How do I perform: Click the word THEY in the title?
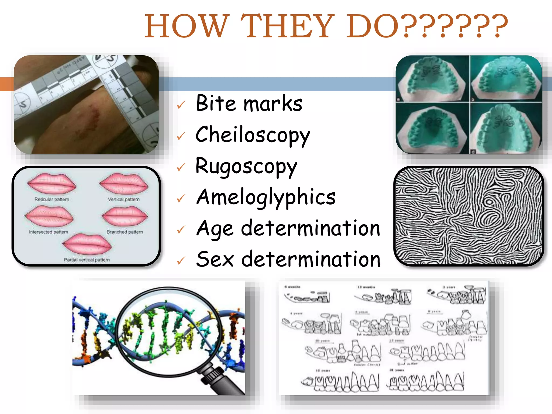pos(287,26)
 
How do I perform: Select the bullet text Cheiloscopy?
pos(253,135)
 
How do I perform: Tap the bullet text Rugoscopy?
pos(246,166)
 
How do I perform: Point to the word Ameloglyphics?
pos(266,197)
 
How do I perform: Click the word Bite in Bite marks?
pos(216,103)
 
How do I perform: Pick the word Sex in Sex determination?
pos(215,259)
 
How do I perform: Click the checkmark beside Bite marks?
pos(181,105)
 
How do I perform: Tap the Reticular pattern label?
pos(52,199)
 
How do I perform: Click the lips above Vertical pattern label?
pos(124,184)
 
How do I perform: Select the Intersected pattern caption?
pos(49,232)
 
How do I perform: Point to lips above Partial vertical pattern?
pos(87,244)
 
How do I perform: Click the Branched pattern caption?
pos(125,232)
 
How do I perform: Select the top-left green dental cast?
pos(432,79)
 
